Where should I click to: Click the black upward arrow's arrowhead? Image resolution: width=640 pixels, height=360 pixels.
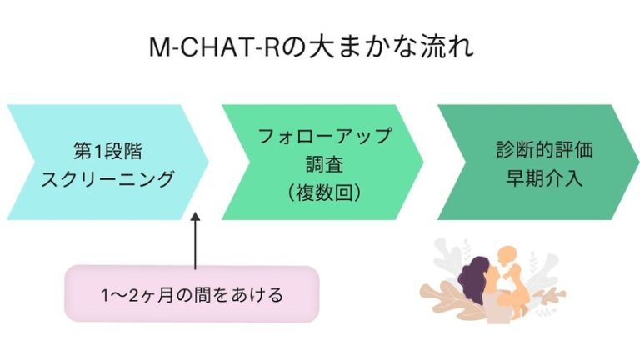pyautogui.click(x=196, y=218)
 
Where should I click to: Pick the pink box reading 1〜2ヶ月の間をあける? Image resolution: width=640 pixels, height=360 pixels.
pyautogui.click(x=192, y=293)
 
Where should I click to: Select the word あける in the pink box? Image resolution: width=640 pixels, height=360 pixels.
pyautogui.click(x=261, y=294)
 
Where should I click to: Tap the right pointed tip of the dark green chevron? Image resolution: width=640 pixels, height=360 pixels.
pyautogui.click(x=635, y=162)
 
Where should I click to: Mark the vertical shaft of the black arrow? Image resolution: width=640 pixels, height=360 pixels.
pyautogui.click(x=196, y=246)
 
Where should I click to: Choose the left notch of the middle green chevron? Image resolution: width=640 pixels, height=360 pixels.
pyautogui.click(x=242, y=162)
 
